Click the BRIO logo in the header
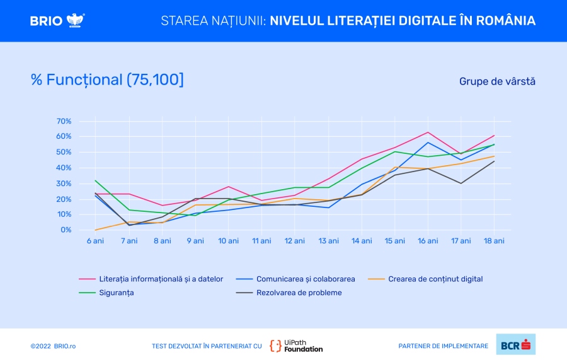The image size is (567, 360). [57, 20]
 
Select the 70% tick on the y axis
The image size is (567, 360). [64, 121]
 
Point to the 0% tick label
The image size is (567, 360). [66, 230]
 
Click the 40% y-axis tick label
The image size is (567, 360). [64, 168]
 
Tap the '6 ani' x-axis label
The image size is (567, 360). [95, 241]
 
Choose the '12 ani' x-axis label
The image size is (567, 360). [295, 241]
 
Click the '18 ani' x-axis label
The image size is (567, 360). [494, 241]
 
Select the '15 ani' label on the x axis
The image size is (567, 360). [394, 241]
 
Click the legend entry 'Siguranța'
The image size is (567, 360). [116, 293]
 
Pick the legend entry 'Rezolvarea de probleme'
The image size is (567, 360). [299, 293]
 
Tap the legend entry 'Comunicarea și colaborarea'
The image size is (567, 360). [306, 279]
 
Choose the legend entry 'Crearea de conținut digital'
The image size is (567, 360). [435, 279]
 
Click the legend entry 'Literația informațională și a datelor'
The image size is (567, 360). [160, 279]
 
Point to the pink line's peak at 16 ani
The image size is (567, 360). [428, 132]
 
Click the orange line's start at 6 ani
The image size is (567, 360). [95, 230]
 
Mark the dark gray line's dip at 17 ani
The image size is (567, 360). [461, 183]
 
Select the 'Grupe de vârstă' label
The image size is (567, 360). [497, 81]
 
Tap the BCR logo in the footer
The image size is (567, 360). [515, 345]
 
